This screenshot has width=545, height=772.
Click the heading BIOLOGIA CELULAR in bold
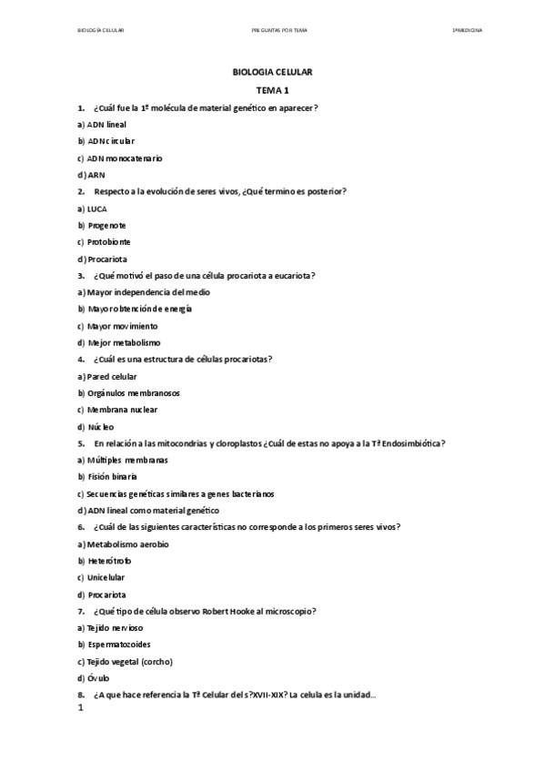pos(272,73)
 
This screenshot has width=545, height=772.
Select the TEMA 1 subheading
pos(272,91)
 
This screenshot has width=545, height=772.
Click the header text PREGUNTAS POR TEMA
pos(279,30)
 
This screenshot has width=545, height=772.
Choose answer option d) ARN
pos(92,175)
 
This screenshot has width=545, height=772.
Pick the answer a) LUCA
pos(94,208)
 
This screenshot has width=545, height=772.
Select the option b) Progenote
pos(102,225)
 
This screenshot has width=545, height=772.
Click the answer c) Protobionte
pos(104,242)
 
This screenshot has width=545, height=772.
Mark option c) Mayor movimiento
pos(117,326)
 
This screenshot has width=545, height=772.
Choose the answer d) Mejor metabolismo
pos(119,342)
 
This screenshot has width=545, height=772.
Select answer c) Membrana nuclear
pos(120,410)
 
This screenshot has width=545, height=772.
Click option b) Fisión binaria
pos(107,476)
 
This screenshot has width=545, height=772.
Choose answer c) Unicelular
pos(101,577)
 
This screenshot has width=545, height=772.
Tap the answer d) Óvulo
pos(94,678)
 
